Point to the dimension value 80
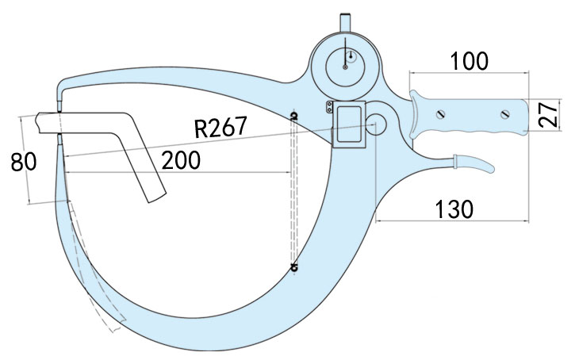23,163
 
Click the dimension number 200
180,160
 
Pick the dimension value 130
454,209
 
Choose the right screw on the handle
504,117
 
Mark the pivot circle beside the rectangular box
377,124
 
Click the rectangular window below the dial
348,121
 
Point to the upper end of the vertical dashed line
294,117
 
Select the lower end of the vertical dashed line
294,267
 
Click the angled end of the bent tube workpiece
155,194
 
